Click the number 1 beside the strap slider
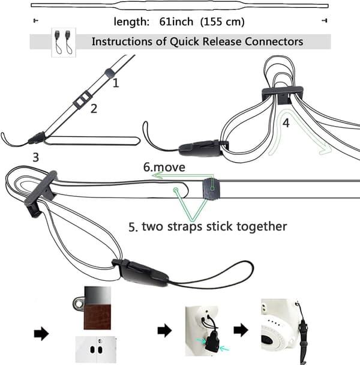(x=116, y=83)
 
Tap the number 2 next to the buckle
(x=94, y=109)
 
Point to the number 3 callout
(x=35, y=157)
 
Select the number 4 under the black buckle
(x=286, y=123)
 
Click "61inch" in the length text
(x=176, y=22)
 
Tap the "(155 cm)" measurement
(x=223, y=22)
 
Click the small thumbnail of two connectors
(x=64, y=42)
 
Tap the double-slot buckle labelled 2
(x=82, y=100)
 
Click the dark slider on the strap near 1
(x=110, y=73)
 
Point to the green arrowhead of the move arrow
(x=158, y=175)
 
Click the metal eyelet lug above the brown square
(x=79, y=304)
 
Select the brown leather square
(x=97, y=317)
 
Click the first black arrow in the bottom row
(x=41, y=333)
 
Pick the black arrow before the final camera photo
(x=241, y=330)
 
